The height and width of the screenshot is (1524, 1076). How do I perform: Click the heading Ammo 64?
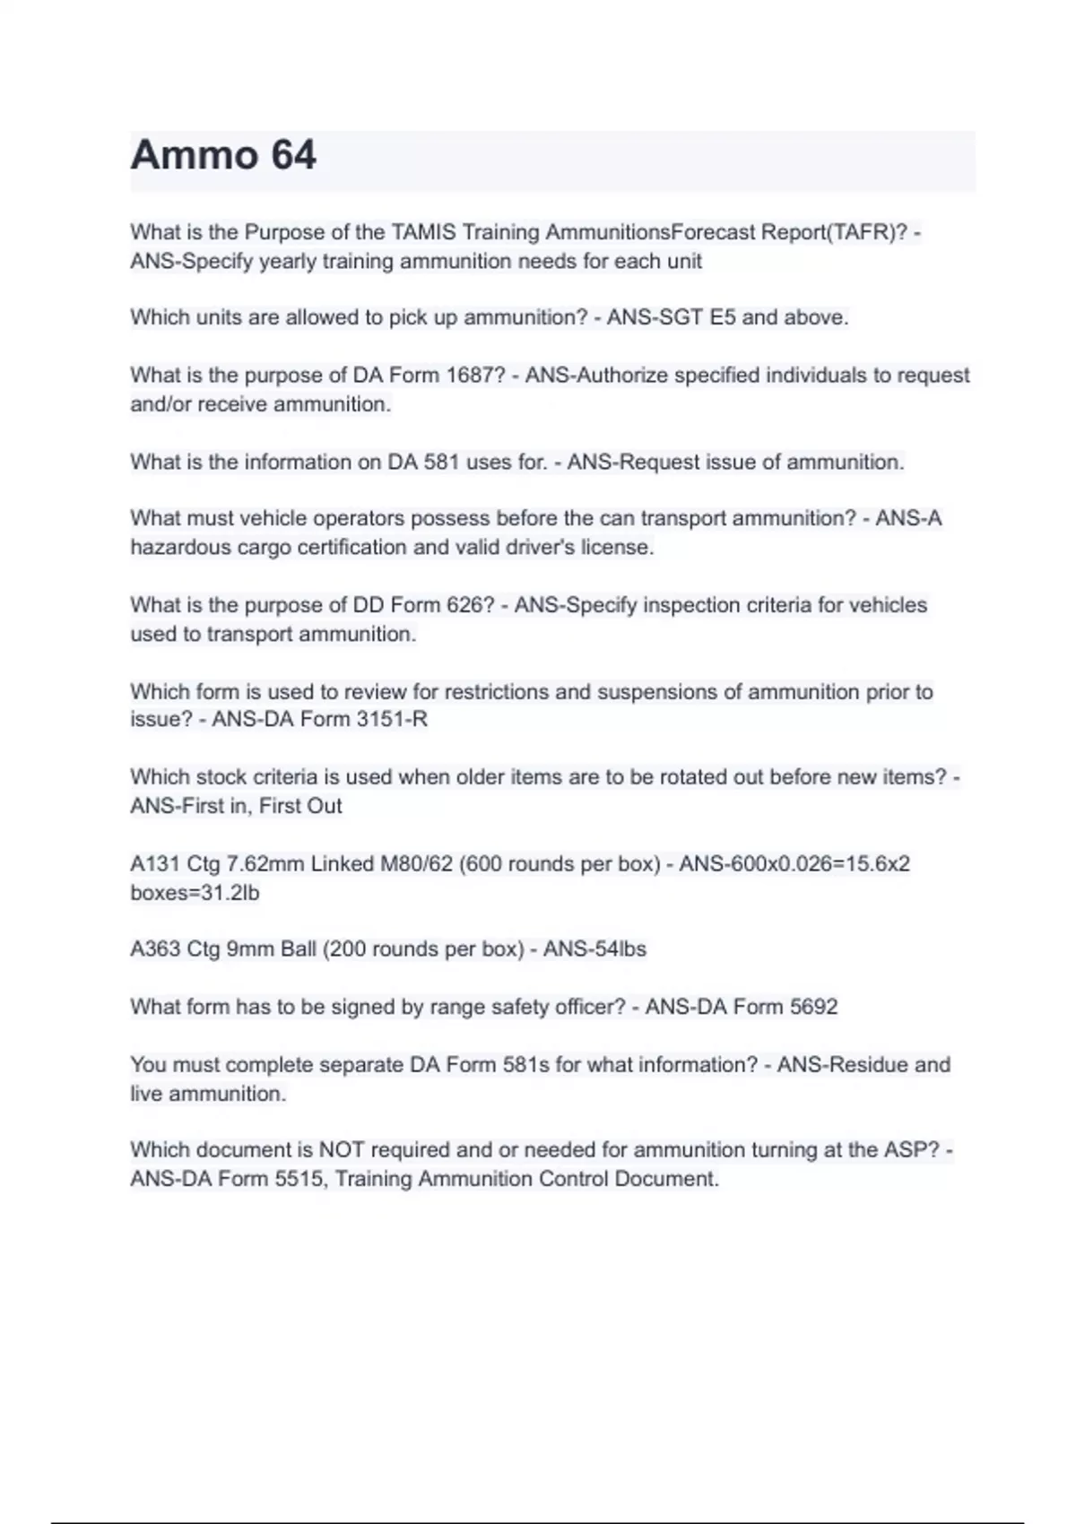click(223, 156)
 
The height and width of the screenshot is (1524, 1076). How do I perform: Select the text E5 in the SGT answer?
click(723, 317)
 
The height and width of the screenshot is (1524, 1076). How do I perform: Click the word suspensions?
click(668, 692)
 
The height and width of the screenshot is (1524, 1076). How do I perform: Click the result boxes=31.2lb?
click(195, 893)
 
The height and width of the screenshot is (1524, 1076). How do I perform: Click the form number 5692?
click(813, 1007)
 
